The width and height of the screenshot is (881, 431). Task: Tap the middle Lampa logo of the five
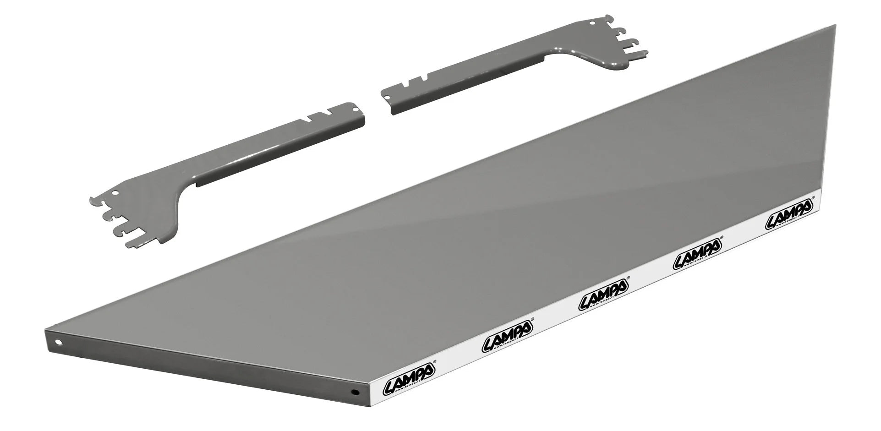click(x=603, y=300)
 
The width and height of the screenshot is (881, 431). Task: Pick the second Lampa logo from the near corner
click(x=507, y=340)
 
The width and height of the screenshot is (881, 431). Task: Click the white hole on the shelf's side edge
click(x=59, y=342)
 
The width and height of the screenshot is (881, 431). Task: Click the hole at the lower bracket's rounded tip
click(x=356, y=109)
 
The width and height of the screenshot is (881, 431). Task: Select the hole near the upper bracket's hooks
click(x=591, y=21)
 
